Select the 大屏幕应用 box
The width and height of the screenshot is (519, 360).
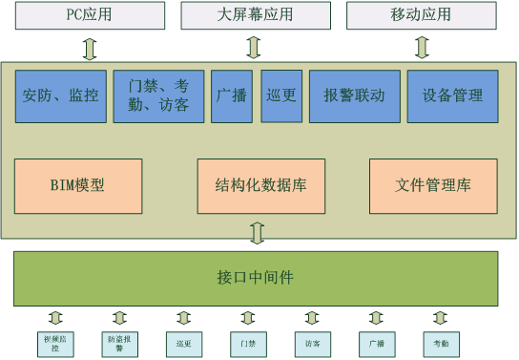pyautogui.click(x=252, y=15)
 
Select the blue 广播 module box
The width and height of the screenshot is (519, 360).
pyautogui.click(x=231, y=95)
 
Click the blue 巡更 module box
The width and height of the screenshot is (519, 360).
pyautogui.click(x=281, y=95)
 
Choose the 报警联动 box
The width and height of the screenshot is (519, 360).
pyautogui.click(x=354, y=95)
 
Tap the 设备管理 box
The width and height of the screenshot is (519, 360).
pyautogui.click(x=452, y=95)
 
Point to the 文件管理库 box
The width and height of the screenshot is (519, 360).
pyautogui.click(x=433, y=185)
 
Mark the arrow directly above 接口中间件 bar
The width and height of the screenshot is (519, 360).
pyautogui.click(x=255, y=233)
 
